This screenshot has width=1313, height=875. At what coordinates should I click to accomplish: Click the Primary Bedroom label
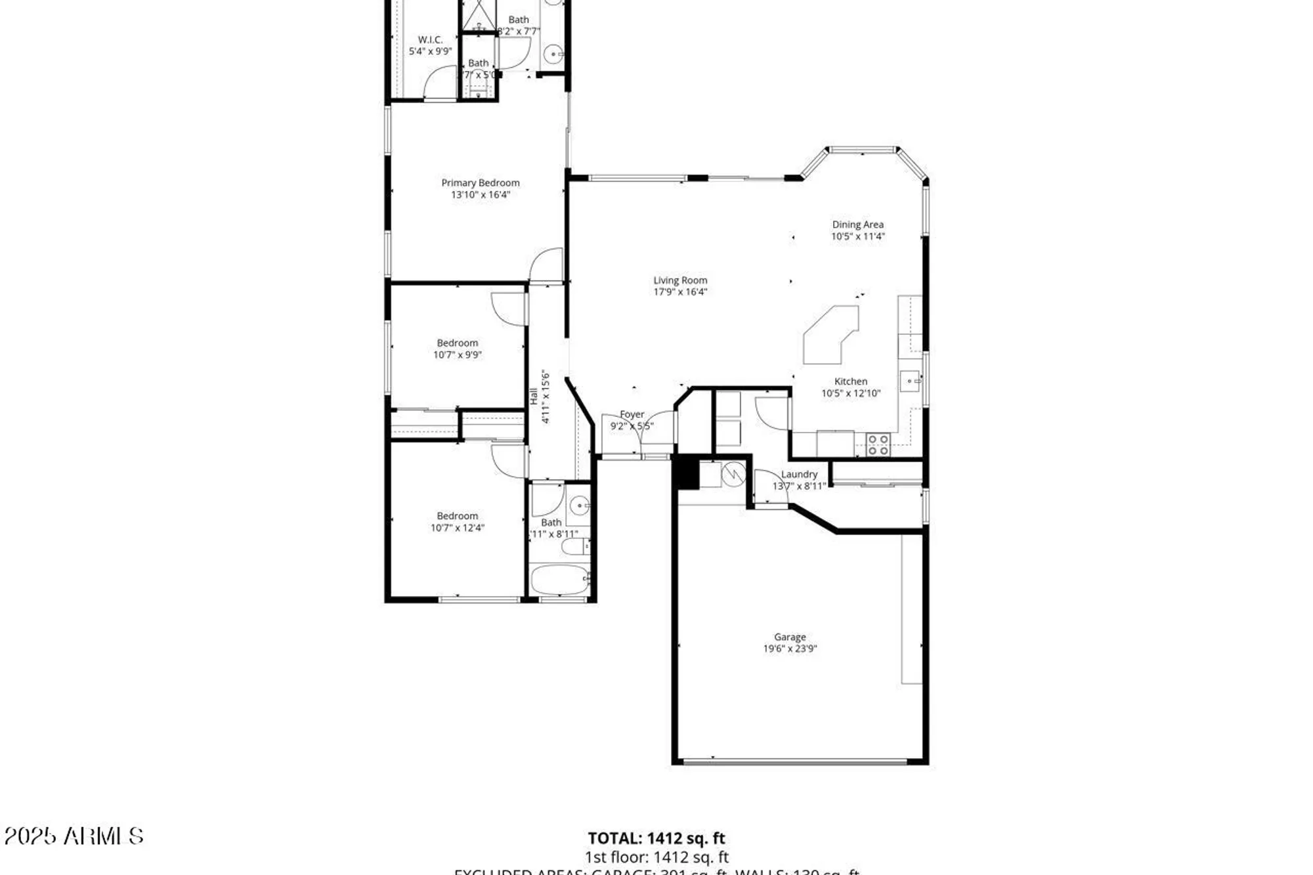point(480,182)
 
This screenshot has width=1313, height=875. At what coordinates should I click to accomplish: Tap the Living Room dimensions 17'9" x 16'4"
point(680,292)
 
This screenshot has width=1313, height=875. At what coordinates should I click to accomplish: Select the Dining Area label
point(857,224)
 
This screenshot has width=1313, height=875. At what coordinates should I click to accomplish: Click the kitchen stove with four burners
point(878,444)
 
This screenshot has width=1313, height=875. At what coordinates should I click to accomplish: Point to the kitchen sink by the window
point(909,381)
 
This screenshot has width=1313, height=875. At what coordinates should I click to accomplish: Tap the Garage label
point(789,637)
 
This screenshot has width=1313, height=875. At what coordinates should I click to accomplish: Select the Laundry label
point(799,474)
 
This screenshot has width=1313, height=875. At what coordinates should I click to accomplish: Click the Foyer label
point(632,414)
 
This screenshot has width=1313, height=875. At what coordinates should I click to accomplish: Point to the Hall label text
point(534,396)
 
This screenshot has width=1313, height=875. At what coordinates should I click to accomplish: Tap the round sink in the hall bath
point(579,505)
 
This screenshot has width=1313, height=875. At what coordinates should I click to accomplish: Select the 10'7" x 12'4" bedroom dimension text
point(457,528)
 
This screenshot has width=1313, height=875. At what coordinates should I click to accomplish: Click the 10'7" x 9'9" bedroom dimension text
point(457,355)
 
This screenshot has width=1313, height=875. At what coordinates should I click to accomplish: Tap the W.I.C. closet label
point(430,40)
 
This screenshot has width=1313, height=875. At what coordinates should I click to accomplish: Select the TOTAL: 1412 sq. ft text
point(656,838)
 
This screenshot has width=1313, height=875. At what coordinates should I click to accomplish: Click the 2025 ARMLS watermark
point(74,836)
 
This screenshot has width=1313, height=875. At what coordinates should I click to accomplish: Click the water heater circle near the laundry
point(733,474)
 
